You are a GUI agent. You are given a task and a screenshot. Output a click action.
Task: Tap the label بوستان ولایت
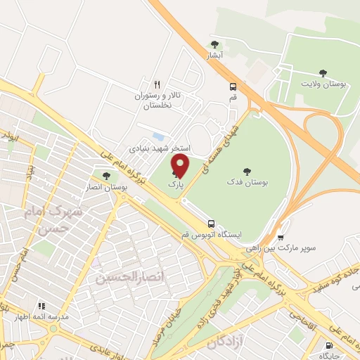pos(323,84)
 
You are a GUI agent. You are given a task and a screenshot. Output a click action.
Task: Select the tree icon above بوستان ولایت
pos(323,72)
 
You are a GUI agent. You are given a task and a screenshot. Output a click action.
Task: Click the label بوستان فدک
pos(246,182)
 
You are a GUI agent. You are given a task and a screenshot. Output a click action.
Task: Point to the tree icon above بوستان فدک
pos(246,171)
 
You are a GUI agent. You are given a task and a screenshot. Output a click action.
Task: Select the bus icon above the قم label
pos(232,86)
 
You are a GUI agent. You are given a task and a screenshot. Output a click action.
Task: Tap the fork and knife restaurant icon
pos(157,83)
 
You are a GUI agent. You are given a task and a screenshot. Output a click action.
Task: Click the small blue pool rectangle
pos(158,135)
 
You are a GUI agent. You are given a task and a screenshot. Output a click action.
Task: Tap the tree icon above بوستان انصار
pos(106,176)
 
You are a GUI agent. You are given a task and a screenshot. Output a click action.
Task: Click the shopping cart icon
pos(281,237)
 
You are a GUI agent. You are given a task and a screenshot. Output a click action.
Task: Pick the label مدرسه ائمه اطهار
pos(44,317)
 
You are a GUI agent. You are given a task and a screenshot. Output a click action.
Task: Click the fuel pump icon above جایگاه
pos(329,345)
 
